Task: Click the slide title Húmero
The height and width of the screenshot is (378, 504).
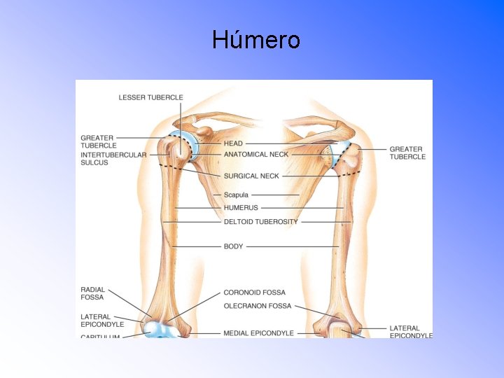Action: pyautogui.click(x=256, y=40)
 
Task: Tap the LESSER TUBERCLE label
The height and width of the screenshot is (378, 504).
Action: pyautogui.click(x=150, y=97)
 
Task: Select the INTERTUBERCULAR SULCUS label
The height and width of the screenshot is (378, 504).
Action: pyautogui.click(x=113, y=158)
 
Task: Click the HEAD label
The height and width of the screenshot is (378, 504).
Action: pyautogui.click(x=233, y=143)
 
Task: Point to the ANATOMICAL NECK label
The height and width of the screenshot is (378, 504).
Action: pyautogui.click(x=255, y=154)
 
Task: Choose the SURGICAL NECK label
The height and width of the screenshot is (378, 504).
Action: pyautogui.click(x=251, y=176)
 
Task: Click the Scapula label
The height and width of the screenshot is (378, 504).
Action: pyautogui.click(x=236, y=195)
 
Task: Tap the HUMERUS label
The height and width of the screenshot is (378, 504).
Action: pyautogui.click(x=241, y=208)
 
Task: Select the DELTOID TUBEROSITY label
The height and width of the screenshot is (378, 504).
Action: pyautogui.click(x=260, y=222)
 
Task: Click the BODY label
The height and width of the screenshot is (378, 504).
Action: pyautogui.click(x=233, y=246)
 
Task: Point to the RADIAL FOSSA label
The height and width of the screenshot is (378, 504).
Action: pyautogui.click(x=92, y=293)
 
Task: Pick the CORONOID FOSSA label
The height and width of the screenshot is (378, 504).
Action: pyautogui.click(x=254, y=293)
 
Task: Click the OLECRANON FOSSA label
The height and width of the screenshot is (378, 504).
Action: pyautogui.click(x=257, y=306)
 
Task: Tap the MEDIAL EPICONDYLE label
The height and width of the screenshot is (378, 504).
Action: pyautogui.click(x=258, y=333)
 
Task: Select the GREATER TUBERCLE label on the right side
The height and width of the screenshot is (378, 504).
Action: pyautogui.click(x=407, y=153)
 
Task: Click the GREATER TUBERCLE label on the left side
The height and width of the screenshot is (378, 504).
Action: pyautogui.click(x=98, y=141)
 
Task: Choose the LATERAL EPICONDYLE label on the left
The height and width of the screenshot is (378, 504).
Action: pyautogui.click(x=102, y=321)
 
